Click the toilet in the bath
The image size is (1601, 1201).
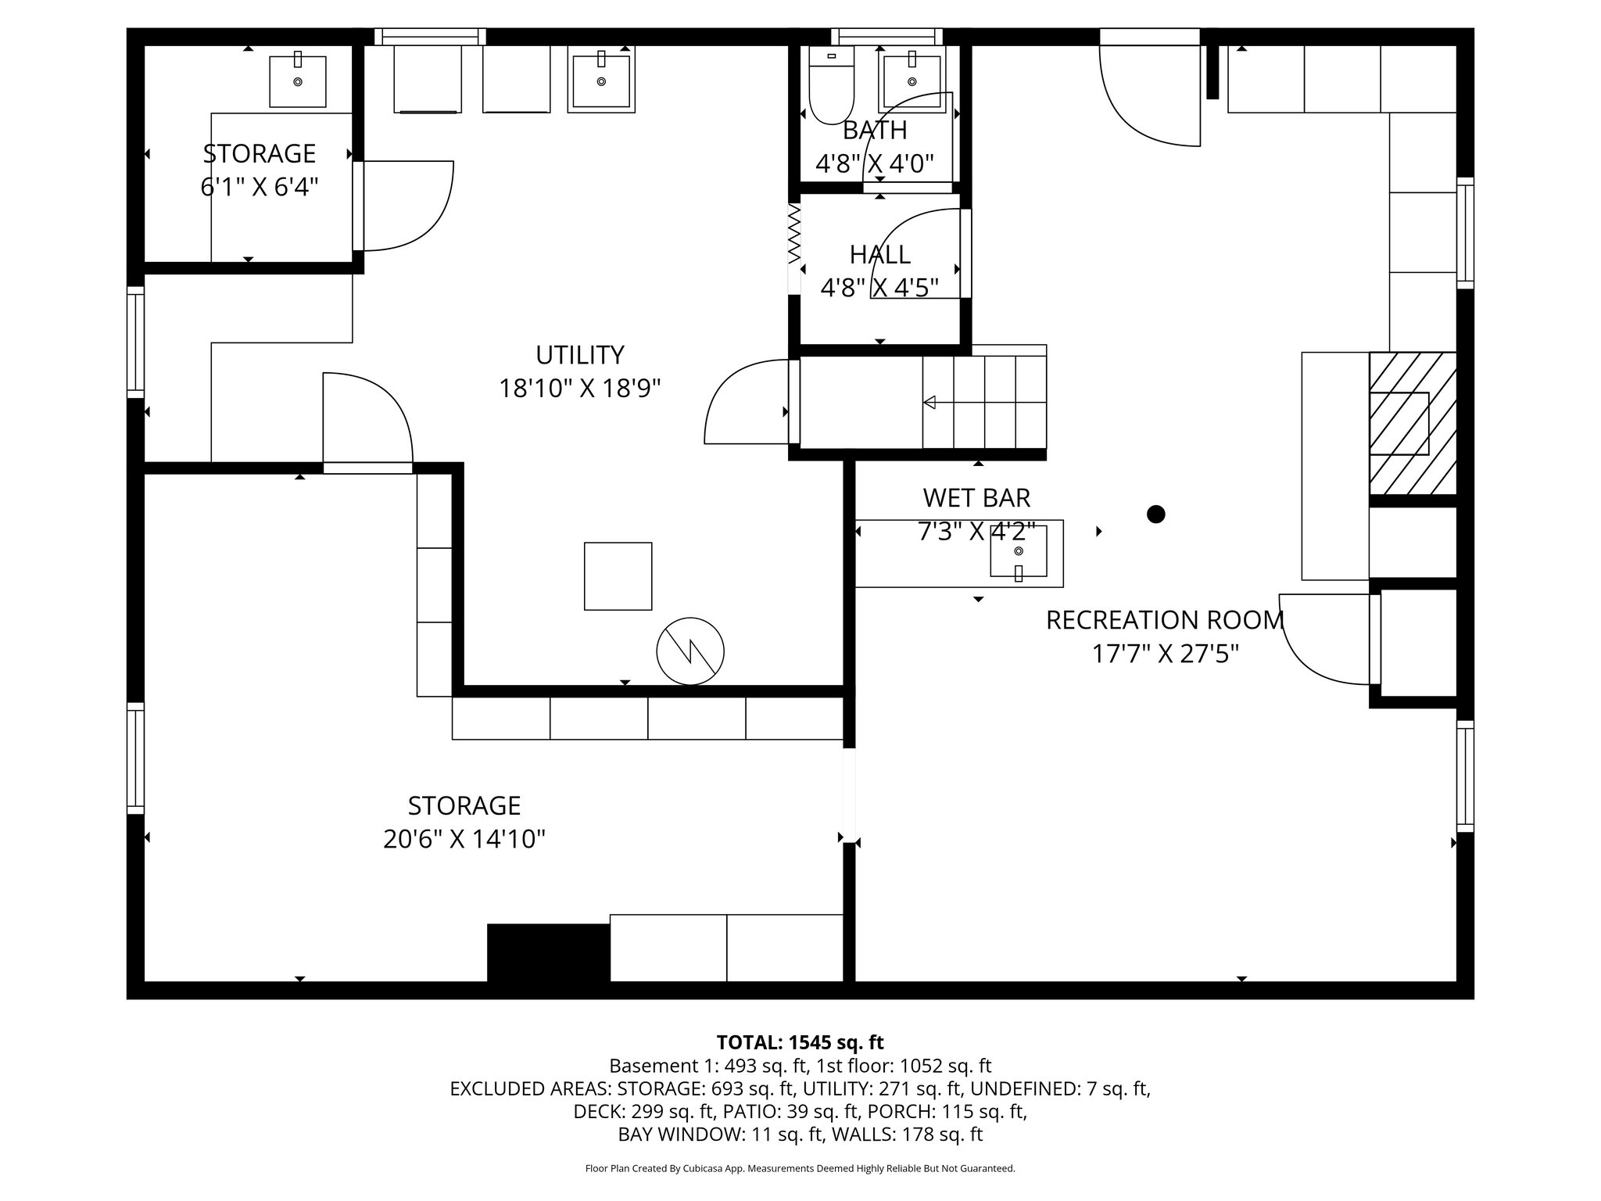coord(830,88)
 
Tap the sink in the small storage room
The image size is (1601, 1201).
coord(297,81)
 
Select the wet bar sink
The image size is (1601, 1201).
coord(1018,556)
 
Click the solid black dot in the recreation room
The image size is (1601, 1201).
coord(1155,514)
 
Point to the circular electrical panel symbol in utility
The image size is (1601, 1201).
coord(689,651)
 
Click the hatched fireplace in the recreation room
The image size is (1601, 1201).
coord(1412,423)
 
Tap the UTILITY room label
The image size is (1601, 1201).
coord(579,355)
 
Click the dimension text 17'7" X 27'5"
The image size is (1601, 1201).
coord(1165,654)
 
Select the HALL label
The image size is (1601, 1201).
coord(879,255)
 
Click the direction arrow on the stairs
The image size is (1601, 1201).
coord(930,403)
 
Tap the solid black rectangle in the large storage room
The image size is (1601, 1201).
coord(548,952)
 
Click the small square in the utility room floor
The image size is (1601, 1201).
coord(618,576)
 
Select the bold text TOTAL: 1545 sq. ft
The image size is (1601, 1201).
coord(800,1042)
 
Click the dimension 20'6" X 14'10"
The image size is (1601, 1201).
coord(464,840)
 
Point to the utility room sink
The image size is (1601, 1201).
coord(600,80)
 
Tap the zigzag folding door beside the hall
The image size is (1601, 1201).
coord(794,233)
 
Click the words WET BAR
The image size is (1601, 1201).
coord(976,497)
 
